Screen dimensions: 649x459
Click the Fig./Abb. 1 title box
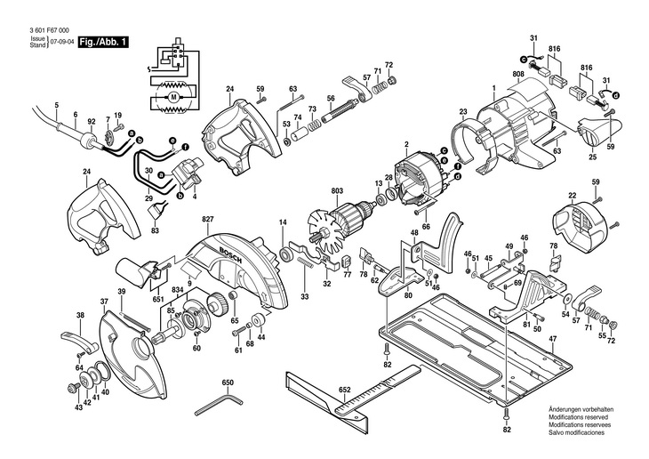pyautogui.click(x=103, y=42)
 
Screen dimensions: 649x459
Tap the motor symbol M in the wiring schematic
pyautogui.click(x=173, y=97)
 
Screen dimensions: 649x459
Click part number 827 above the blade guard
pyautogui.click(x=207, y=219)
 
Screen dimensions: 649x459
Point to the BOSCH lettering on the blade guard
pyautogui.click(x=229, y=256)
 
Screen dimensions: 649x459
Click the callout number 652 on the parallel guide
pyautogui.click(x=344, y=390)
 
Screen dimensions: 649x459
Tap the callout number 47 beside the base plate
pyautogui.click(x=552, y=338)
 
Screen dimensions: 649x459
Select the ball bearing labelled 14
pyautogui.click(x=285, y=254)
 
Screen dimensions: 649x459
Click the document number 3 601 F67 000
pyautogui.click(x=49, y=30)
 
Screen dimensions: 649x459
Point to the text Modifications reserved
pyautogui.click(x=578, y=417)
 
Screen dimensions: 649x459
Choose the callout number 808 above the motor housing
pyautogui.click(x=517, y=74)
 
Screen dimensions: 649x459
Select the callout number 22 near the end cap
pyautogui.click(x=572, y=195)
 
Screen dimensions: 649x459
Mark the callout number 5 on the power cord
pyautogui.click(x=57, y=105)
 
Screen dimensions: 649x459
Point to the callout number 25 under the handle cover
pyautogui.click(x=593, y=157)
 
